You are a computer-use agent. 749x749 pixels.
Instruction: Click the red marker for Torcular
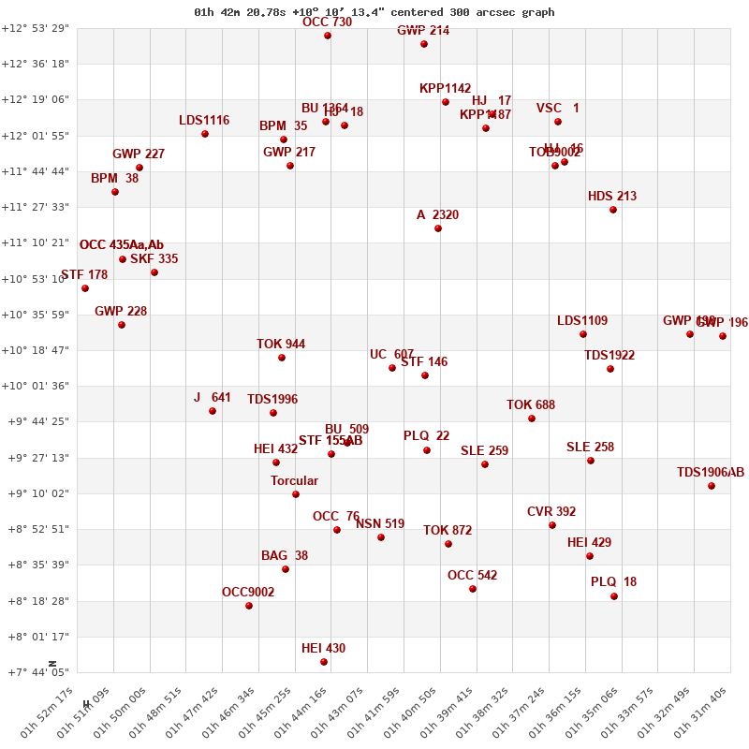296,494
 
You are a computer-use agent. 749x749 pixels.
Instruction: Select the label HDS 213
612,197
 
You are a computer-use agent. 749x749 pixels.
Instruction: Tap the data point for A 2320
438,228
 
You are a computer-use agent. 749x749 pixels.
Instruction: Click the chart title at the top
374,12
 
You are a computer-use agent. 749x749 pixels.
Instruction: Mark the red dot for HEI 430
324,662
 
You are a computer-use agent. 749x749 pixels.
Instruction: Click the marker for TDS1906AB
712,486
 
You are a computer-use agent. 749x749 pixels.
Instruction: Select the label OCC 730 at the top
327,22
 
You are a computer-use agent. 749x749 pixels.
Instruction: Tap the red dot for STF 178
85,288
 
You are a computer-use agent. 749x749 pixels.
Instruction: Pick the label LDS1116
204,121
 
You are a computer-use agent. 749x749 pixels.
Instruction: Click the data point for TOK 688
532,419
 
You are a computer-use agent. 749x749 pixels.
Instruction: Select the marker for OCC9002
249,606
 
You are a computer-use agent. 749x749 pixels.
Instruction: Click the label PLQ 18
613,582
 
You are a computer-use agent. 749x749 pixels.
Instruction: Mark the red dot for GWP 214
424,44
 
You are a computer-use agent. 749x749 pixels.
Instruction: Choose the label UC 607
391,355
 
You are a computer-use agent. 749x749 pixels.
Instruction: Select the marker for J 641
213,411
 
